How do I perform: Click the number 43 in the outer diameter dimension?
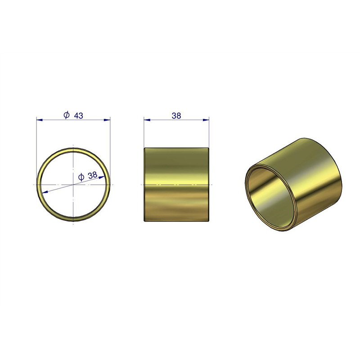point(78,116)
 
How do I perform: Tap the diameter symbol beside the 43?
point(67,115)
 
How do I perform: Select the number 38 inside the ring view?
point(93,175)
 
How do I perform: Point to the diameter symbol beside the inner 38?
point(81,177)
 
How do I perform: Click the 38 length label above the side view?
point(176,116)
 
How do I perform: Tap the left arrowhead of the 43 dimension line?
point(40,120)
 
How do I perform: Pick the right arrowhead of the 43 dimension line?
point(107,120)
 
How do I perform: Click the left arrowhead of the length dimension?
point(147,120)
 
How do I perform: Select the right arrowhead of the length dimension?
point(206,120)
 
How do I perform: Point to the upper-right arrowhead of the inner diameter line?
point(102,177)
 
